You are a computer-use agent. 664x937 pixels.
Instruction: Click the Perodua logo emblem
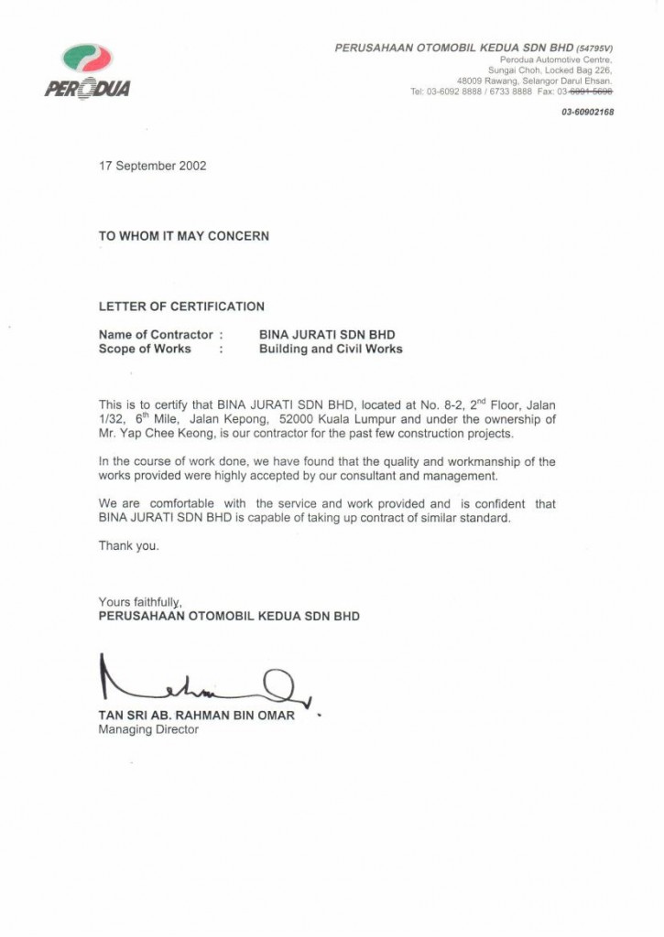coord(87,59)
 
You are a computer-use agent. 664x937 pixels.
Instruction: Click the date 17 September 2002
coord(153,167)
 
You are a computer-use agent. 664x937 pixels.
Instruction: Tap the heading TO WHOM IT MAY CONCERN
coord(184,236)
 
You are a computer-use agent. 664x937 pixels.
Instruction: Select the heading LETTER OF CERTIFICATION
coord(181,307)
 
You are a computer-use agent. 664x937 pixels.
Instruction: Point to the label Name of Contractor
coord(156,335)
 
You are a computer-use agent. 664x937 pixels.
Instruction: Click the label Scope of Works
coord(145,349)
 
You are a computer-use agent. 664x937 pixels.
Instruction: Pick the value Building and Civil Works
coord(331,349)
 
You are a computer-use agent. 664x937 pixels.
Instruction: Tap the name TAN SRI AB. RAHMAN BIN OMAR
coord(197,716)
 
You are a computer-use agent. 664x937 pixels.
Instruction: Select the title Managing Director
coord(148,730)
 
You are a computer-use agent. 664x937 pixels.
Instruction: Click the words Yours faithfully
coord(141,602)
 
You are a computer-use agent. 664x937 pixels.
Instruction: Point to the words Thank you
coord(129,546)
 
